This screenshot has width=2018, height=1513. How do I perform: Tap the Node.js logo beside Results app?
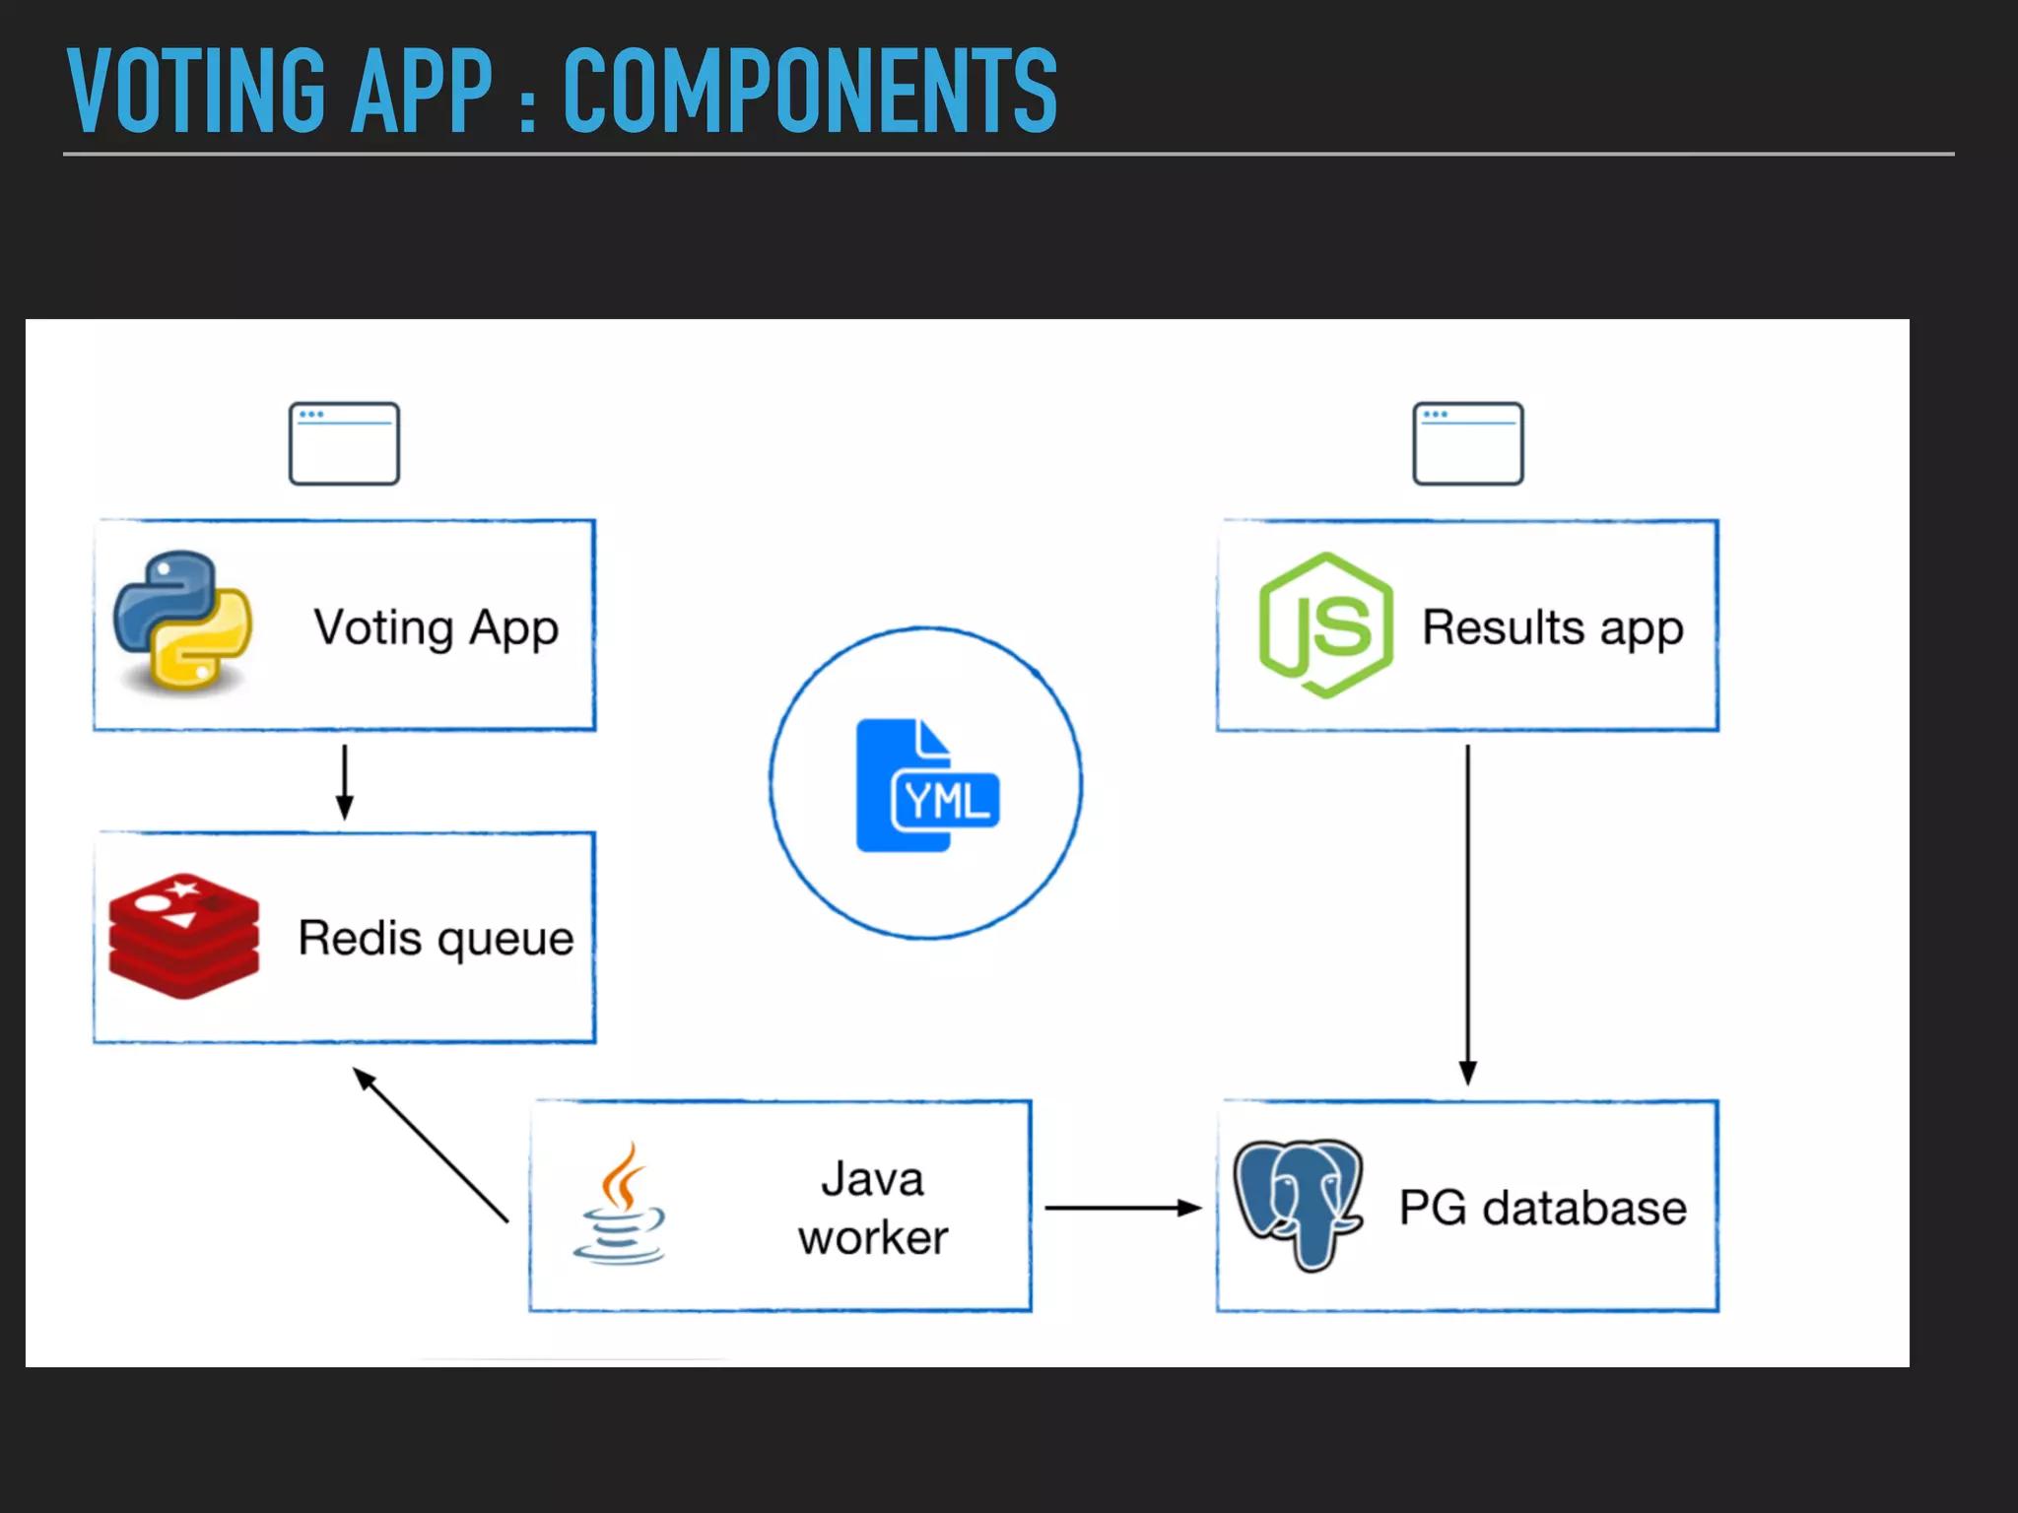pos(1326,625)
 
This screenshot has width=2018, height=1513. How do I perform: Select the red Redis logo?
pos(184,935)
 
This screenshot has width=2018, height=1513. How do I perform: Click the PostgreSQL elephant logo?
pos(1298,1205)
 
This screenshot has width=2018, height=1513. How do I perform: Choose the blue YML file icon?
pos(927,785)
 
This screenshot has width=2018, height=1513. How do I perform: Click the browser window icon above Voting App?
pos(344,443)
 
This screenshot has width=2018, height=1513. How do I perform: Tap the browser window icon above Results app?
pos(1467,443)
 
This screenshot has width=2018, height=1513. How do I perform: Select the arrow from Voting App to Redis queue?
pos(344,782)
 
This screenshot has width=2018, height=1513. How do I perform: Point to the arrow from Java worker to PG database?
pos(1122,1207)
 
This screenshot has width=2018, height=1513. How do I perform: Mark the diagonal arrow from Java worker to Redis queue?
pos(431,1145)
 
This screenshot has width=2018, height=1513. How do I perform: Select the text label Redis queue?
pos(436,938)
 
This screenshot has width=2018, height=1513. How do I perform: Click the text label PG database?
pos(1542,1208)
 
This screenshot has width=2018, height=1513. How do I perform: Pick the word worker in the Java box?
pos(873,1237)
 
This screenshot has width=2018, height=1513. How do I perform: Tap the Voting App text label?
pos(436,627)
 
